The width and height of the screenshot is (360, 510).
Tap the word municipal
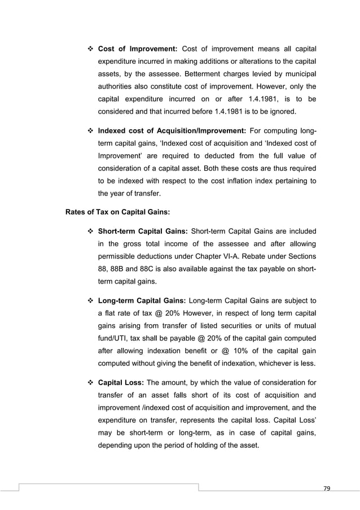click(296, 73)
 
